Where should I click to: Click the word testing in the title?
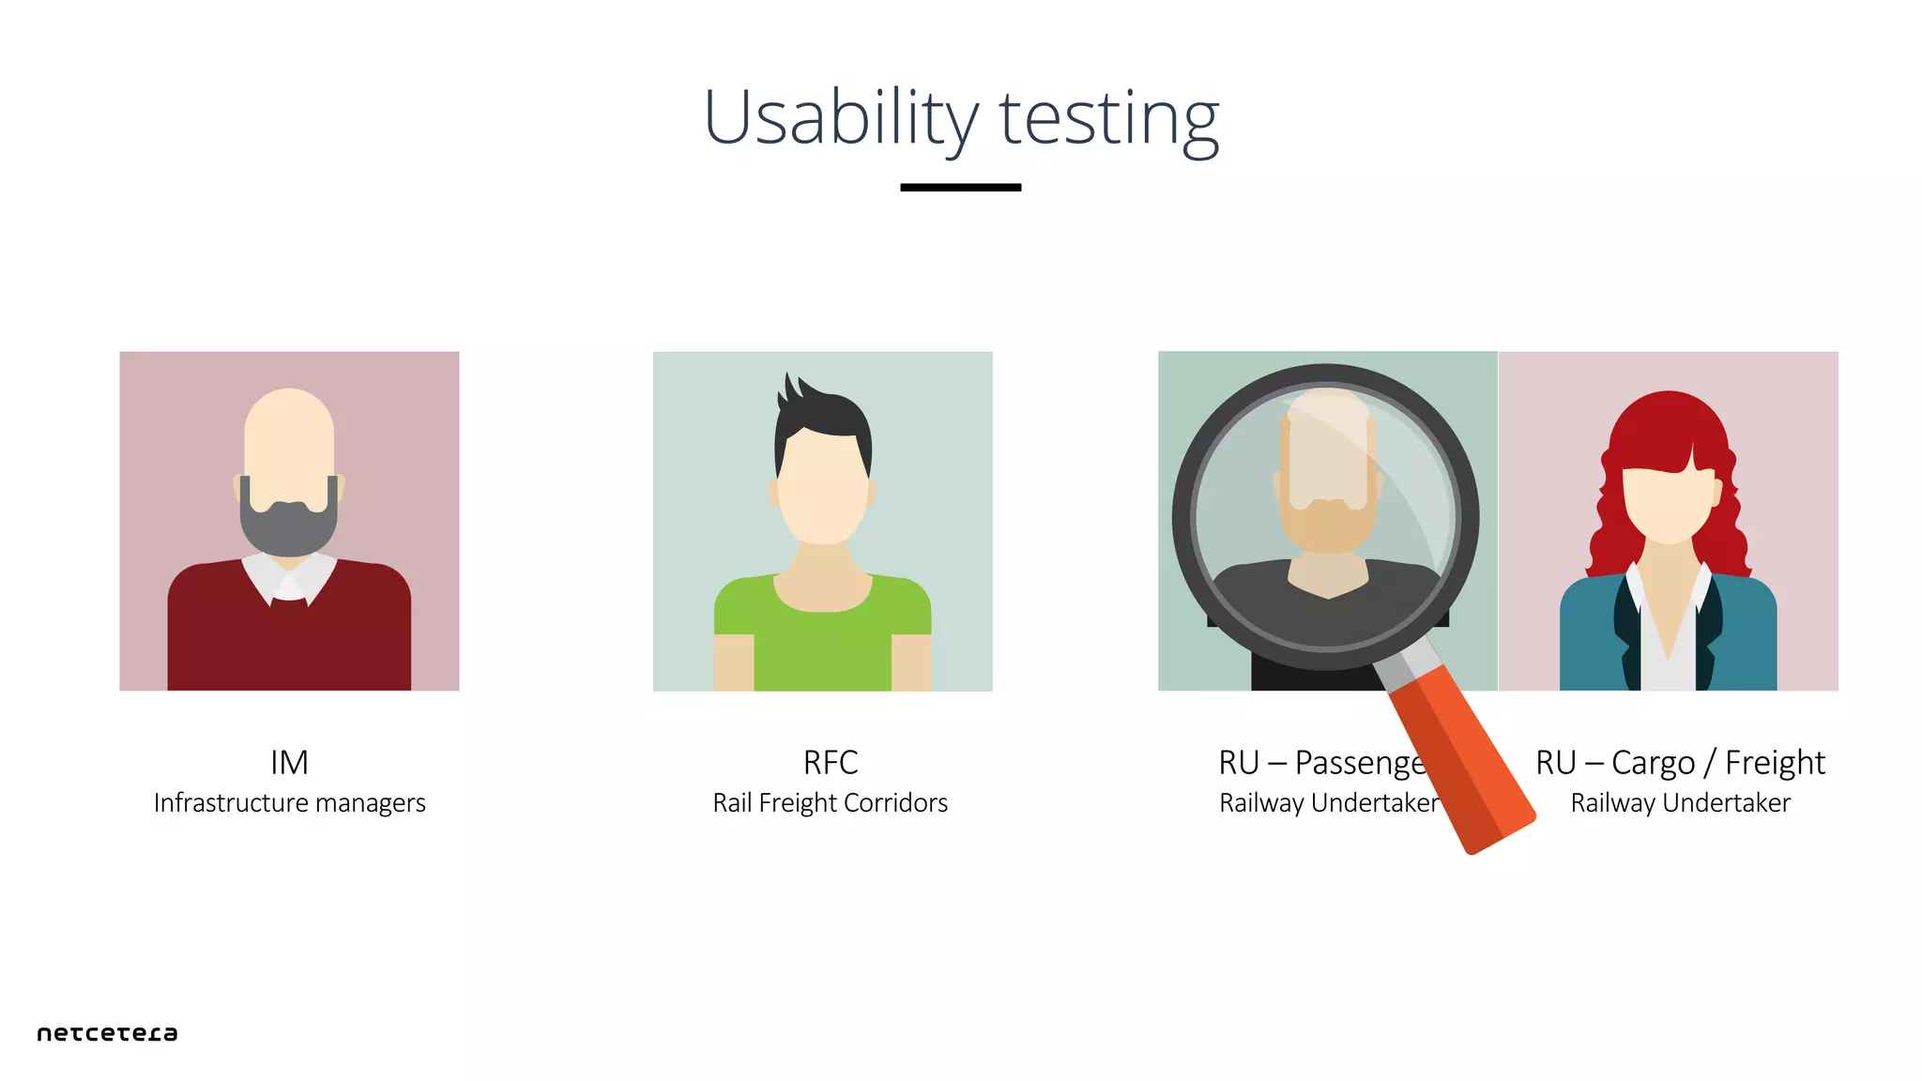coord(1108,118)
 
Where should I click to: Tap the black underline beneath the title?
coord(960,188)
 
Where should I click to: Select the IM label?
coord(289,763)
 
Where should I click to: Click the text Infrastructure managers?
coord(289,803)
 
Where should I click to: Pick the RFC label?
coord(831,763)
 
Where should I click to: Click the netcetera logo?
coord(107,1033)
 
